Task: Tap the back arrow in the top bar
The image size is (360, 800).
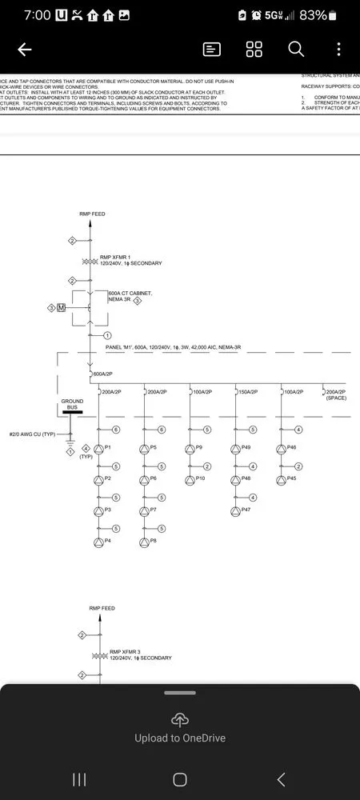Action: (24, 50)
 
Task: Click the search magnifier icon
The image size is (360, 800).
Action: (296, 50)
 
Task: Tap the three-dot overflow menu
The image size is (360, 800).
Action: (338, 50)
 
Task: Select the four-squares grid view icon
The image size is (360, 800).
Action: (254, 50)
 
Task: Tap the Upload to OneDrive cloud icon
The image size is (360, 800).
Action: (179, 719)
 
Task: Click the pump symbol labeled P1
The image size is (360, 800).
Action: (99, 449)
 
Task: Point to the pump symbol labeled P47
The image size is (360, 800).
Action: (235, 510)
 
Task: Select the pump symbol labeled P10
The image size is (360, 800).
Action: (190, 480)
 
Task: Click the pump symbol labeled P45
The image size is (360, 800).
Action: (281, 480)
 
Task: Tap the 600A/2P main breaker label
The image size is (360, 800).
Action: (104, 374)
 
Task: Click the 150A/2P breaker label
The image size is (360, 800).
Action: (247, 392)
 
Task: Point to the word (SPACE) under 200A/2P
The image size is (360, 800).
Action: (336, 398)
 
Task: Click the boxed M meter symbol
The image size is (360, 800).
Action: (61, 308)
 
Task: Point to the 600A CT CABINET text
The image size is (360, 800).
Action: (130, 294)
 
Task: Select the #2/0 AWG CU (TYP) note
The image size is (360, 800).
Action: (32, 434)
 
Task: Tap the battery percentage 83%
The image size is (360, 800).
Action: (314, 15)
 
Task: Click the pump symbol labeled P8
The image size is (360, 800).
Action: (144, 542)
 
